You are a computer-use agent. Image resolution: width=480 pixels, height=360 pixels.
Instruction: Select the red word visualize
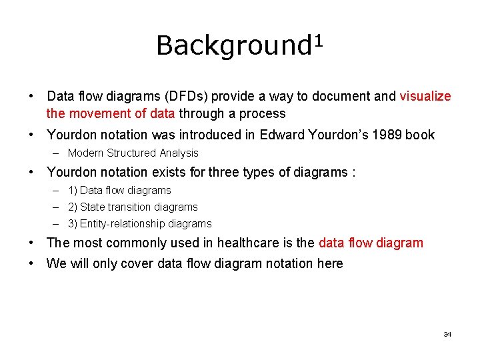point(425,96)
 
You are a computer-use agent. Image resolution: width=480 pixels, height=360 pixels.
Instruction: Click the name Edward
point(283,135)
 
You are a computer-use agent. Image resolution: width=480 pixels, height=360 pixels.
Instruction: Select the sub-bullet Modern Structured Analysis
point(133,153)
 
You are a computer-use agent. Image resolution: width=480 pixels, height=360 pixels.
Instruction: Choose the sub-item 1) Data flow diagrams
point(119,190)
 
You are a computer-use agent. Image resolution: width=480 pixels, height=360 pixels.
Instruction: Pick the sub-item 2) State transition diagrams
point(133,207)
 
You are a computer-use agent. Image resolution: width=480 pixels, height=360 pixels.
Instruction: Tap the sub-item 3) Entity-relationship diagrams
point(139,224)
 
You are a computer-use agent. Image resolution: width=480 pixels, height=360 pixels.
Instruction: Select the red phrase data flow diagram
point(371,243)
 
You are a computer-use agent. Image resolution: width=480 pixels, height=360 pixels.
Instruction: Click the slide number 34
point(447,334)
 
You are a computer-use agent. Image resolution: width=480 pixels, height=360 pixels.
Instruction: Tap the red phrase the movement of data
point(111,113)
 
